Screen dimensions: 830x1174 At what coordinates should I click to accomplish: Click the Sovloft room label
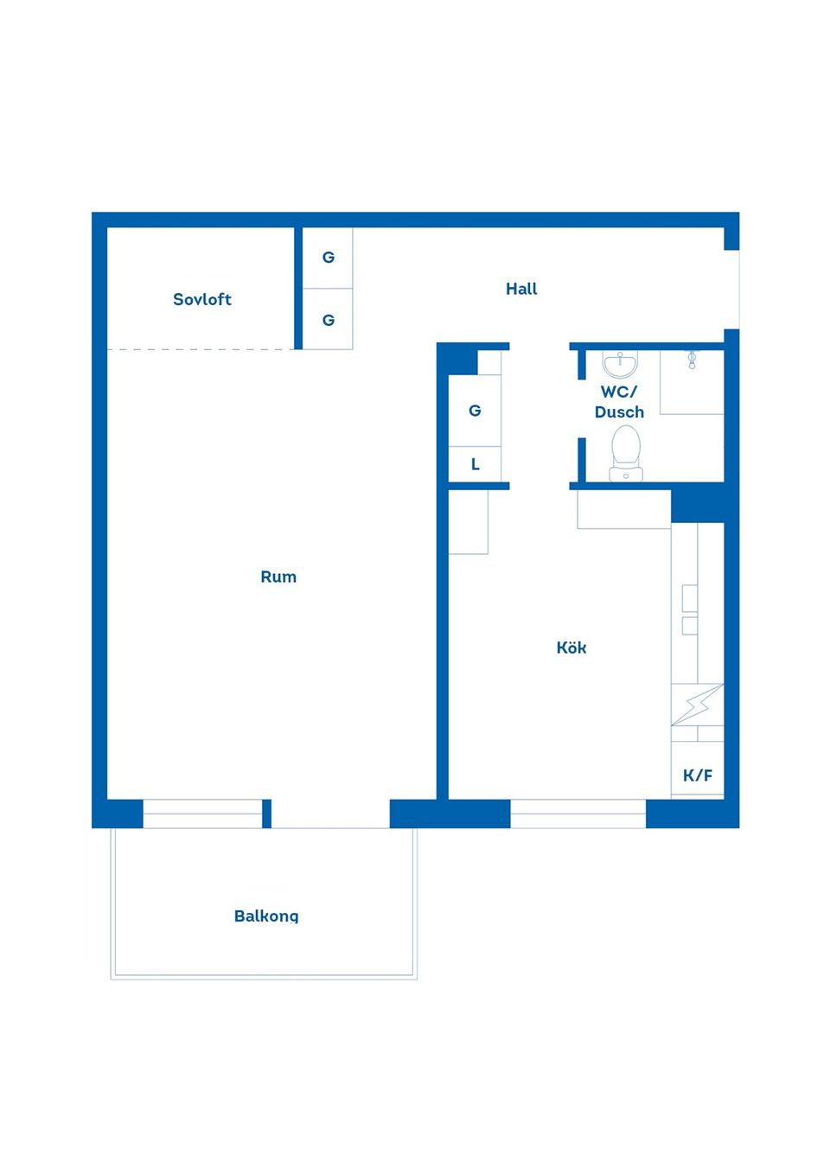coord(202,299)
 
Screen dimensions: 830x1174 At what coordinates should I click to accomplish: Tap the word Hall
coord(521,289)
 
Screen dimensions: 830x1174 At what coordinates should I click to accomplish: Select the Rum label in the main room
coord(278,577)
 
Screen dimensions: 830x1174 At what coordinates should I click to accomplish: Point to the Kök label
coord(571,648)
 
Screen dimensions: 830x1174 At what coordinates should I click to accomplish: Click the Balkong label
coord(266,916)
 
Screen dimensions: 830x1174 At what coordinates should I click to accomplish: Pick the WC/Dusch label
coord(619,402)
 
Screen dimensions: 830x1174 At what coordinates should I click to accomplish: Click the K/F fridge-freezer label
coord(698,775)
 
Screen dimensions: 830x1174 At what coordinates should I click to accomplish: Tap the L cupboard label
coord(476,464)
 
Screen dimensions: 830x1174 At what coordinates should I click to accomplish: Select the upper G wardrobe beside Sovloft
coord(328,258)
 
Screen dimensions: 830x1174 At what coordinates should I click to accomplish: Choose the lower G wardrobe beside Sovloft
coord(328,320)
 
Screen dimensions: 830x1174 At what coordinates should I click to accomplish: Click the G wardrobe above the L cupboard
coord(475,411)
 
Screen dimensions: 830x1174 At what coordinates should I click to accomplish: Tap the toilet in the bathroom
coord(626,453)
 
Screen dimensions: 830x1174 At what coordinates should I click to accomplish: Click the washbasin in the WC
coord(621,364)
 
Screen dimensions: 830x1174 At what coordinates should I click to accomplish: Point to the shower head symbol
coord(692,360)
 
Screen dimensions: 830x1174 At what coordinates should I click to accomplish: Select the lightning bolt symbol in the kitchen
coord(698,705)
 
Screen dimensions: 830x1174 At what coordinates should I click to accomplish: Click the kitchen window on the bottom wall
coord(578,814)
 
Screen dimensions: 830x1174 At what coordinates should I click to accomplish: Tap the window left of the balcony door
coord(202,814)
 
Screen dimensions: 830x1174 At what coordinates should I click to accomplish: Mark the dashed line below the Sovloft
coord(201,349)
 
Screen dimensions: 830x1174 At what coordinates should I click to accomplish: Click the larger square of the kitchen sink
coord(690,598)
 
